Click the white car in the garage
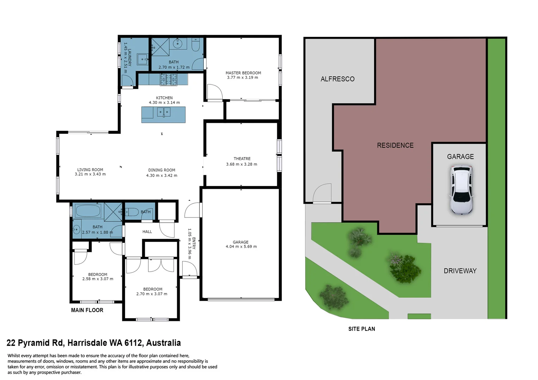[461, 190]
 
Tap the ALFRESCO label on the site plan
[337, 79]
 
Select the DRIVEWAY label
[460, 271]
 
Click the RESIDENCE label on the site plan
[395, 145]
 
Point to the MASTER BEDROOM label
[243, 73]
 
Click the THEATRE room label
[242, 159]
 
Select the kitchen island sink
[163, 113]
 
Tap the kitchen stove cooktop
[168, 80]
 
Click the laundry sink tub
[143, 59]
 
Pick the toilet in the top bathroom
[196, 45]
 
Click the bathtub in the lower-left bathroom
[88, 211]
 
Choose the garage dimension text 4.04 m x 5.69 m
[241, 247]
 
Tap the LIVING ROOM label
[90, 170]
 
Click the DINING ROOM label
[161, 170]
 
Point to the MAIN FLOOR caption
[87, 310]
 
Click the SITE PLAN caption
[361, 329]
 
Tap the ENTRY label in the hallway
[194, 243]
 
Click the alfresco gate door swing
[322, 194]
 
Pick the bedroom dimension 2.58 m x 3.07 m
[98, 279]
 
